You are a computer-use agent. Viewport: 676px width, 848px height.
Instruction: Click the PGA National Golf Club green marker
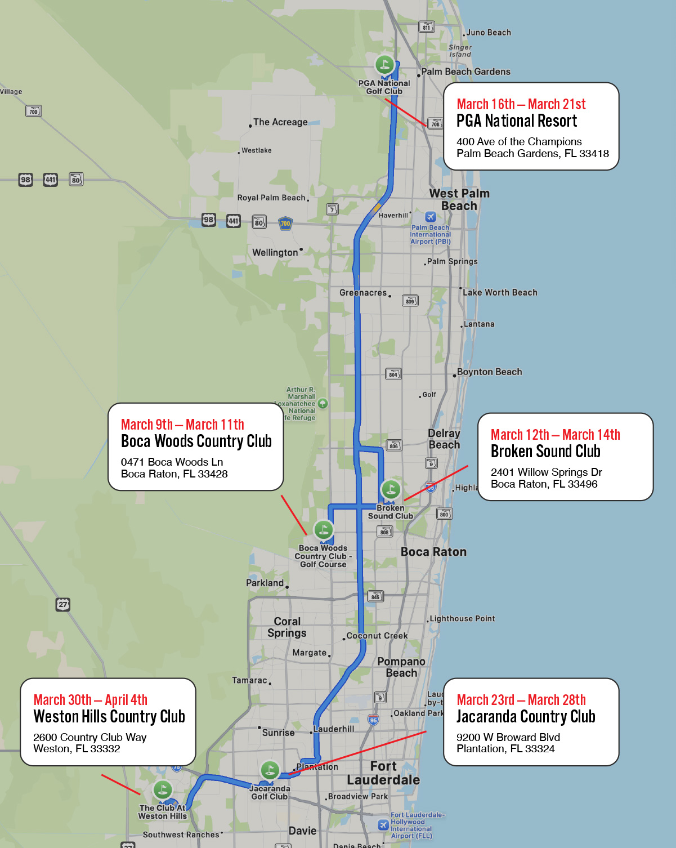point(385,64)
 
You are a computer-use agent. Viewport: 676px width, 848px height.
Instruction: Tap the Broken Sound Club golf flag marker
point(391,489)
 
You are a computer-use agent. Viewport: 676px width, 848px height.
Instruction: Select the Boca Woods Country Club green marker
point(323,529)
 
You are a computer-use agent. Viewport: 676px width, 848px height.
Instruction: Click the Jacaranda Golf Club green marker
point(270,770)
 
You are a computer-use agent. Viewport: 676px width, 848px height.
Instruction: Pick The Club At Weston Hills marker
point(163,789)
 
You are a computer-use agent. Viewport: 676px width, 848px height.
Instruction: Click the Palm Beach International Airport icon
point(431,217)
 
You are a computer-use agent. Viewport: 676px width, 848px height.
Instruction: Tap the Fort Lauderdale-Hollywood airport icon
point(383,825)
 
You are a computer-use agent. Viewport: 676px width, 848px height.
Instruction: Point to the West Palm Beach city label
point(459,199)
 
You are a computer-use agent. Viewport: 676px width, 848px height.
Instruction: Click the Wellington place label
point(275,252)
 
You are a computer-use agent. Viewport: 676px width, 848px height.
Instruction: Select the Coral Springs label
point(287,627)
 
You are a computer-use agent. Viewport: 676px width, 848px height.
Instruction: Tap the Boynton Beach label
point(489,372)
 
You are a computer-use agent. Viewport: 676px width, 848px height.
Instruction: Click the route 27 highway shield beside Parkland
point(62,604)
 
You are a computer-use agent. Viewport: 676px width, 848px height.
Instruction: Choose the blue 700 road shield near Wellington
point(285,223)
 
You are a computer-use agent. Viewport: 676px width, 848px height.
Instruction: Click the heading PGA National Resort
point(517,120)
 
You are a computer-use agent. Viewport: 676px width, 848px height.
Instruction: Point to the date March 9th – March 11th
point(182,425)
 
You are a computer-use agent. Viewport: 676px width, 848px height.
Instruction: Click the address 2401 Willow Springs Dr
point(546,472)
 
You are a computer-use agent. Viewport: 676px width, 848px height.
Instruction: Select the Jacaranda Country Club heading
point(526,716)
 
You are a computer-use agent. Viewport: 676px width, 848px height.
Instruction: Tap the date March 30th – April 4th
point(91,700)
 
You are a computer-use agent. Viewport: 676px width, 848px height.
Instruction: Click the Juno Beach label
point(489,33)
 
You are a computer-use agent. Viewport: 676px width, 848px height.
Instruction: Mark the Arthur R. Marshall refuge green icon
point(323,403)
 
